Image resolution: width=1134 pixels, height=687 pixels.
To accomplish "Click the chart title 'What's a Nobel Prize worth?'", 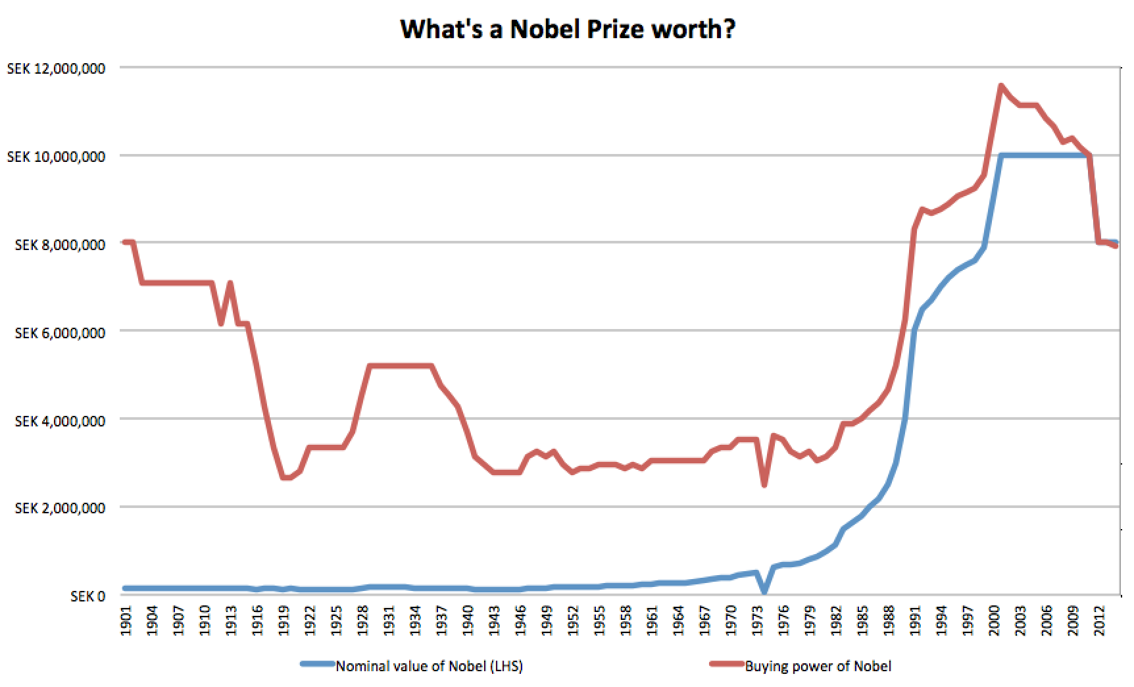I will (x=567, y=29).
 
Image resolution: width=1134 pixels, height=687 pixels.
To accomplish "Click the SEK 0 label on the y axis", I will (x=88, y=596).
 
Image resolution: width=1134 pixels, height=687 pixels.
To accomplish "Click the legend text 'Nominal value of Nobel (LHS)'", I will (x=429, y=666).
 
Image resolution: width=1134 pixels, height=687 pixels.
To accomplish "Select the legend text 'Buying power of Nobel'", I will (x=818, y=666).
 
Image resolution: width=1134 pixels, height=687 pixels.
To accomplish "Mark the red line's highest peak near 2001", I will (x=1000, y=86).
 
